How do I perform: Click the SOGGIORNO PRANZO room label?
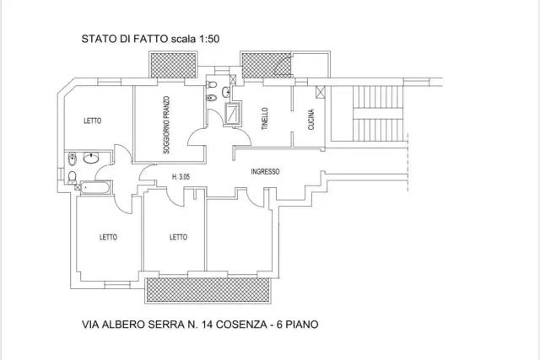(x=166, y=125)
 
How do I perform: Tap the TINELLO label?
(x=265, y=119)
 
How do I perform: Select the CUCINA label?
(x=311, y=120)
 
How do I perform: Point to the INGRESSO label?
(x=265, y=171)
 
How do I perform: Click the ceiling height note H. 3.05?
(x=181, y=177)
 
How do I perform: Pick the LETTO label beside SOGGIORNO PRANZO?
(x=93, y=121)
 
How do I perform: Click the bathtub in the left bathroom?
(x=95, y=187)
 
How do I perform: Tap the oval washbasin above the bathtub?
(x=91, y=158)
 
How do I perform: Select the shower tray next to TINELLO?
(x=233, y=112)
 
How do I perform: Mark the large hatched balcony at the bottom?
(x=208, y=290)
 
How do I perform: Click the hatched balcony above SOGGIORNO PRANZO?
(x=173, y=65)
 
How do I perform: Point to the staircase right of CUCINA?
(x=378, y=113)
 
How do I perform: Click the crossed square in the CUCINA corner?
(x=321, y=92)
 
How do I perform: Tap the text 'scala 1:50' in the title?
(x=195, y=39)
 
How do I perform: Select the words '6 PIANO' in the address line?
(x=298, y=325)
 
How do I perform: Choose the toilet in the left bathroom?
(x=72, y=176)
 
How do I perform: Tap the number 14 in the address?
(x=207, y=325)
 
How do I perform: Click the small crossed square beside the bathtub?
(x=78, y=187)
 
